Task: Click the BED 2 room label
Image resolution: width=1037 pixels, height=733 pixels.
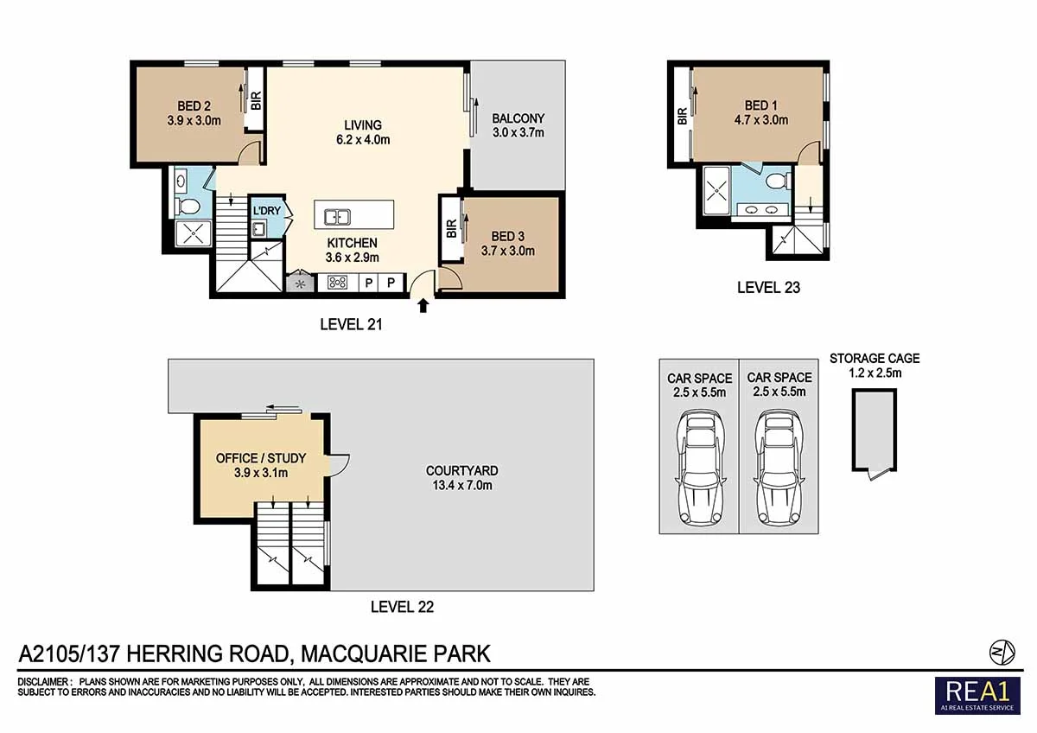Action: tap(194, 106)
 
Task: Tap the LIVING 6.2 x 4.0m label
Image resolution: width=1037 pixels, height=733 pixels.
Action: tap(363, 132)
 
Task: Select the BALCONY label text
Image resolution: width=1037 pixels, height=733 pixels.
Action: tap(518, 118)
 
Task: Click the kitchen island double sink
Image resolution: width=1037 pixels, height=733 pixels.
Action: tap(338, 217)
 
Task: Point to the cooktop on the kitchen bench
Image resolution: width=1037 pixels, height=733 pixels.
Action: tap(337, 282)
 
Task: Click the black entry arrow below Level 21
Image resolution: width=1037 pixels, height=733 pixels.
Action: tap(423, 306)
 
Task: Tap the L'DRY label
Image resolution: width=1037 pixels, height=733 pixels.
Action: tap(267, 211)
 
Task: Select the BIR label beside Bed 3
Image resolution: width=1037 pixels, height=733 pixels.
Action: tap(451, 229)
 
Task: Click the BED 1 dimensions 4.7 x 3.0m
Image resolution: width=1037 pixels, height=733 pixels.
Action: tap(761, 120)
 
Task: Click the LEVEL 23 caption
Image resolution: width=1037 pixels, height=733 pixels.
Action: tap(768, 288)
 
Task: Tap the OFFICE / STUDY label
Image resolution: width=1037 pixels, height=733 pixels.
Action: tap(261, 458)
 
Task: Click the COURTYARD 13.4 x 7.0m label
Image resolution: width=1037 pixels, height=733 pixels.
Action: tap(462, 478)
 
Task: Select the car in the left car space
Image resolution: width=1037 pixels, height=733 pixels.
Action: tap(699, 468)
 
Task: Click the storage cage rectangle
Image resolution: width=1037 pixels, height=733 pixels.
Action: tap(875, 430)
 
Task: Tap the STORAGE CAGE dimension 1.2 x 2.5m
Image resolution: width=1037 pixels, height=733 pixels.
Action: tap(875, 373)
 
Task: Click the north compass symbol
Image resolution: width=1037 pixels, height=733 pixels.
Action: tap(1002, 653)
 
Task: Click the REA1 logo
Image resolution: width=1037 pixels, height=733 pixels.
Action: tap(977, 696)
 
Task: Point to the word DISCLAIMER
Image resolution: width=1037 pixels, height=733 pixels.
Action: tap(43, 682)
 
